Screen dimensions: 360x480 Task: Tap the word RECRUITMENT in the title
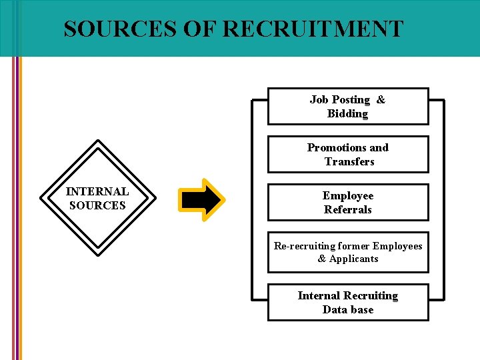(x=313, y=29)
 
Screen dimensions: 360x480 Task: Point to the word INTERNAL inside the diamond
(x=97, y=191)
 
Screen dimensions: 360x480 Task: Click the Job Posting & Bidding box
(x=347, y=107)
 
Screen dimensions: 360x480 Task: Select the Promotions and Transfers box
(x=347, y=155)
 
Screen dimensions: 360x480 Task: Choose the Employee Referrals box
(x=347, y=203)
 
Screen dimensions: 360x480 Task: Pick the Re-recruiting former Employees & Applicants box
(x=347, y=252)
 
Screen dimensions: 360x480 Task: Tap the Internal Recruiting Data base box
(x=347, y=303)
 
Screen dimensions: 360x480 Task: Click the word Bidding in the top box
(x=347, y=114)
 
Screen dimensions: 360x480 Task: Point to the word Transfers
(x=349, y=162)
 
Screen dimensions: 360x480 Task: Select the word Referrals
(x=348, y=210)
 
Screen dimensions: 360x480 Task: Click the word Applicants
(x=353, y=259)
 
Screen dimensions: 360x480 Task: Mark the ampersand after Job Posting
(x=381, y=100)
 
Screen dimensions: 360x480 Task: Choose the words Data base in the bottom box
(x=348, y=310)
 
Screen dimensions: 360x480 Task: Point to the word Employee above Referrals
(x=348, y=196)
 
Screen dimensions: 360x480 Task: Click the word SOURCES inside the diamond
(x=97, y=206)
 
